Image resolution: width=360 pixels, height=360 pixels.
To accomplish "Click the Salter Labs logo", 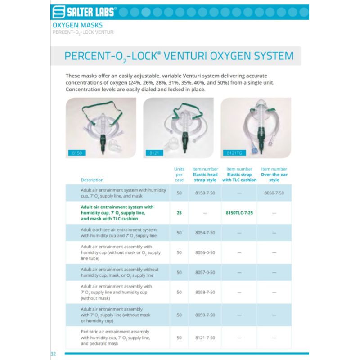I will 85,12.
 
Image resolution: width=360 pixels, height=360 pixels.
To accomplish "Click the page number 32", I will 53,354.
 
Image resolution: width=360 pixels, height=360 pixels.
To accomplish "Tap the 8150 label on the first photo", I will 76,153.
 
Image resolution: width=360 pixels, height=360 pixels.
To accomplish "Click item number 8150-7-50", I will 205,193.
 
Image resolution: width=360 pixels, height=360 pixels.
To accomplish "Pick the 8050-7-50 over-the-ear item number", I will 274,193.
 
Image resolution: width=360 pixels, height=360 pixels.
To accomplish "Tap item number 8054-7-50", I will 205,233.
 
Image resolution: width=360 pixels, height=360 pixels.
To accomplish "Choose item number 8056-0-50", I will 205,252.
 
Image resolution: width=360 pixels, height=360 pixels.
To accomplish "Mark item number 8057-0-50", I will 205,272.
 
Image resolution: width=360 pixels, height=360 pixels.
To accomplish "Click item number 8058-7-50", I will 205,292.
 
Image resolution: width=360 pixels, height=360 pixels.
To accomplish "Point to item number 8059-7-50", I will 205,315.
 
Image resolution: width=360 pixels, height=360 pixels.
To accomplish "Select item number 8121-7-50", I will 205,337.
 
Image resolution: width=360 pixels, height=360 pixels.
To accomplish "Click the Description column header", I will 92,180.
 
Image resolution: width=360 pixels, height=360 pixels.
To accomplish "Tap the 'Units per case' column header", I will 179,175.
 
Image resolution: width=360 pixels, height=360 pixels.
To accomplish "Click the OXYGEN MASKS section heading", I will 77,25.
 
